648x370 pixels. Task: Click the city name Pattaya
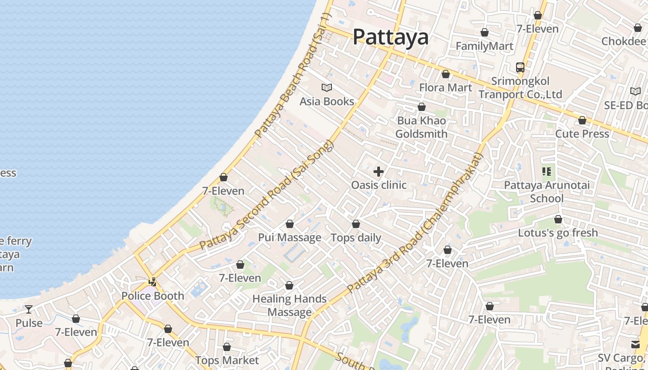pyautogui.click(x=391, y=37)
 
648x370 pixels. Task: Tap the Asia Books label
pyautogui.click(x=327, y=101)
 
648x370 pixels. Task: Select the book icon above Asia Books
pyautogui.click(x=327, y=87)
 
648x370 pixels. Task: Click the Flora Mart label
pyautogui.click(x=445, y=87)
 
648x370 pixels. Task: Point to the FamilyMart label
pyautogui.click(x=484, y=46)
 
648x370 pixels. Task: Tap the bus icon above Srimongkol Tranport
pyautogui.click(x=520, y=68)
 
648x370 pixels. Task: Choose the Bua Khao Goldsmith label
pyautogui.click(x=421, y=127)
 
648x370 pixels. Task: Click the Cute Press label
pyautogui.click(x=582, y=134)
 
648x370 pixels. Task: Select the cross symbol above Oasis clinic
pyautogui.click(x=379, y=172)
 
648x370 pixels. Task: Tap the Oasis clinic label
pyautogui.click(x=379, y=185)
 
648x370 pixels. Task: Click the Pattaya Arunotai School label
pyautogui.click(x=547, y=192)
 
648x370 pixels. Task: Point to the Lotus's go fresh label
pyautogui.click(x=558, y=233)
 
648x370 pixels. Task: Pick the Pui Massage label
pyautogui.click(x=290, y=238)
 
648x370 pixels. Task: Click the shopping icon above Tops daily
pyautogui.click(x=356, y=224)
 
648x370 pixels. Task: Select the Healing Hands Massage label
pyautogui.click(x=290, y=305)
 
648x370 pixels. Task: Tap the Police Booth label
pyautogui.click(x=153, y=296)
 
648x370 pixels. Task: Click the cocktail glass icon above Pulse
pyautogui.click(x=29, y=309)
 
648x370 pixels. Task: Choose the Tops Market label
pyautogui.click(x=227, y=360)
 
